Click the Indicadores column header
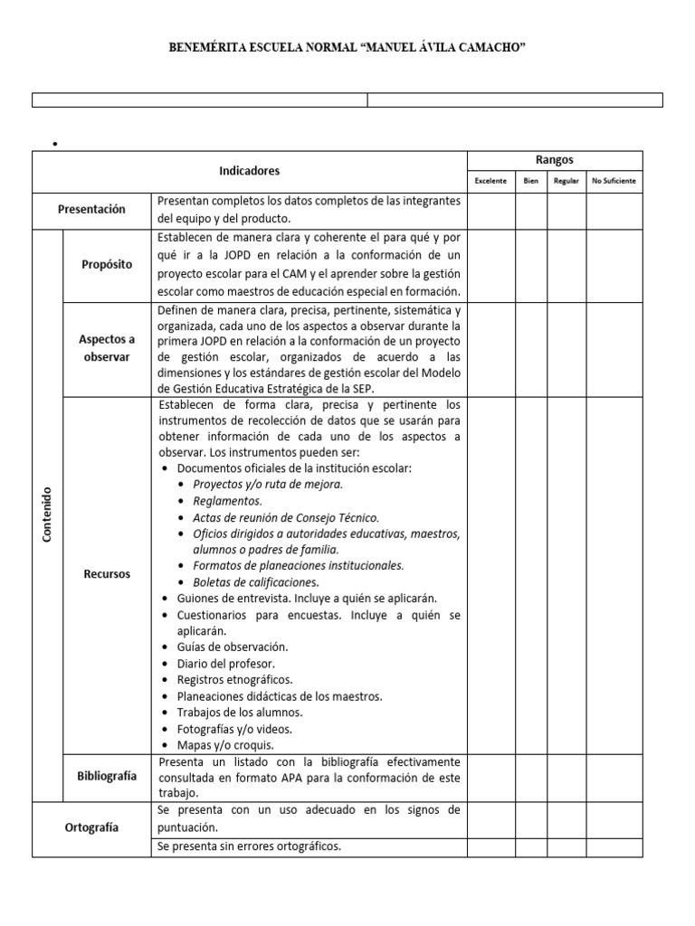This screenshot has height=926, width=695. click(x=249, y=171)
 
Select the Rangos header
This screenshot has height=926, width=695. click(x=554, y=160)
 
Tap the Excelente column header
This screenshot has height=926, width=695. click(x=490, y=181)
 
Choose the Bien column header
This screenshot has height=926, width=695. click(x=530, y=181)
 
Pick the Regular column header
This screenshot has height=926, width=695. click(x=566, y=181)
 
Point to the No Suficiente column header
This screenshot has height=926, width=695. click(x=614, y=181)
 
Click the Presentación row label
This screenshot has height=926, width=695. click(x=91, y=209)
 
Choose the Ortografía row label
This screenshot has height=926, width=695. click(x=91, y=827)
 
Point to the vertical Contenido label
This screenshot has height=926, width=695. click(x=47, y=515)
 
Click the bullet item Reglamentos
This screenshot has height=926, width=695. click(x=227, y=501)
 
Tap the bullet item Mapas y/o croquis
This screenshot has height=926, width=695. click(x=224, y=745)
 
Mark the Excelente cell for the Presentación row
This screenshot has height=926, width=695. click(x=490, y=209)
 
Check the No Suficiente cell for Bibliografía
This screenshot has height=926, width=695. click(x=614, y=777)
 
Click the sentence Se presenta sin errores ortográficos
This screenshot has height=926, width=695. click(x=249, y=847)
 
